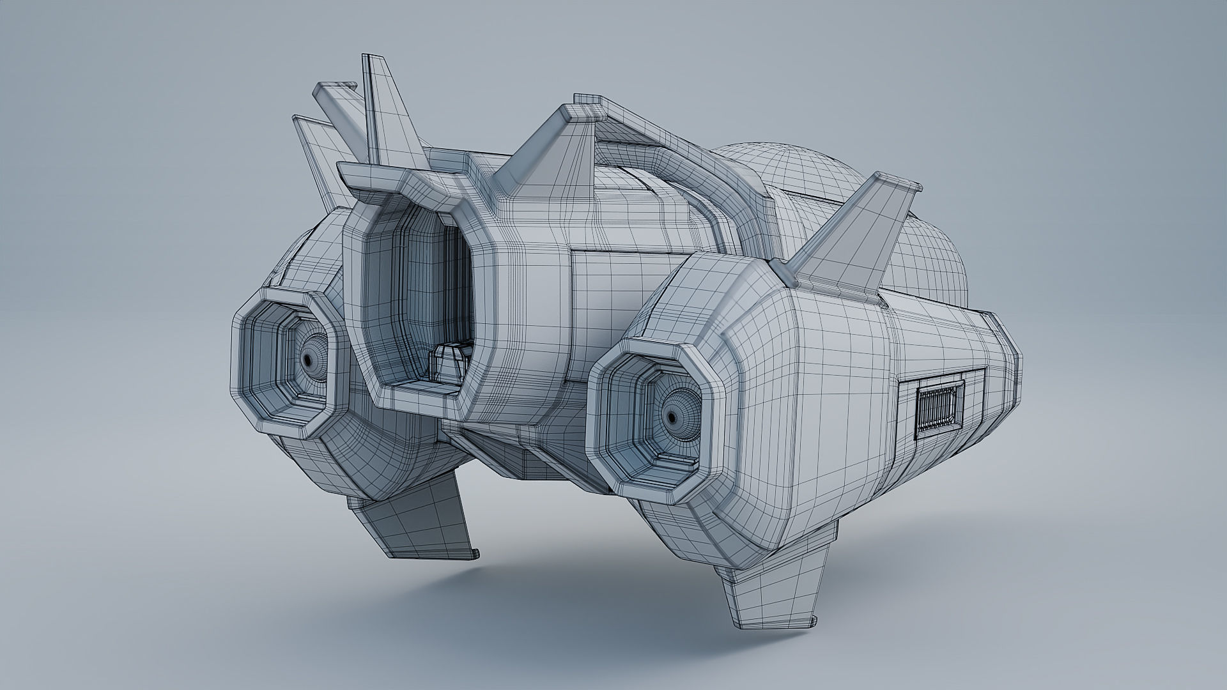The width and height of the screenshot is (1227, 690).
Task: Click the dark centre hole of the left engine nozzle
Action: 309,362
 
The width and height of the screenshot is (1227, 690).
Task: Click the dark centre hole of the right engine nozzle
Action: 672,417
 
